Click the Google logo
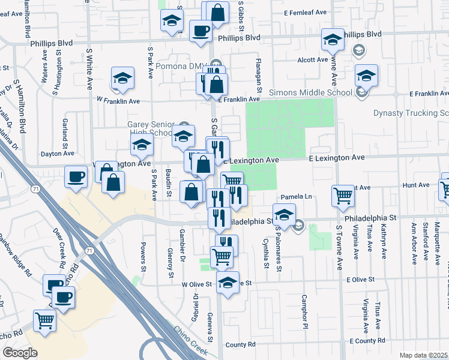(x=20, y=353)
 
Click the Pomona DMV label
(x=181, y=66)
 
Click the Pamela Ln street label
(x=297, y=197)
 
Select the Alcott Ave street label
(x=312, y=60)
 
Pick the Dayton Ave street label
(x=56, y=154)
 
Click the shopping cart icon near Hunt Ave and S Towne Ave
(x=343, y=194)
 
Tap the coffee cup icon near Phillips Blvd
(x=200, y=30)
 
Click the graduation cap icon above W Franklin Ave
(x=122, y=78)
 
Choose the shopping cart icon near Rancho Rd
(x=45, y=322)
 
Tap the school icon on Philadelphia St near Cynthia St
(x=285, y=214)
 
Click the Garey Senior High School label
(x=150, y=128)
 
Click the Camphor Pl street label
(x=306, y=307)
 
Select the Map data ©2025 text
(x=423, y=355)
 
